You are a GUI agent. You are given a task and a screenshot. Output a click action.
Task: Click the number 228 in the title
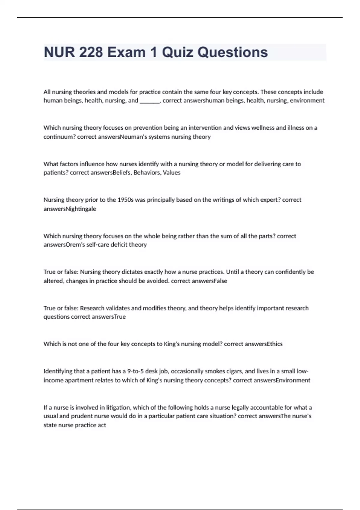point(91,52)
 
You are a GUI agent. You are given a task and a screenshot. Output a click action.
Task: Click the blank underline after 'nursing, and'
point(150,101)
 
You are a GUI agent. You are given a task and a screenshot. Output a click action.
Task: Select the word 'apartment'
point(79,380)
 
